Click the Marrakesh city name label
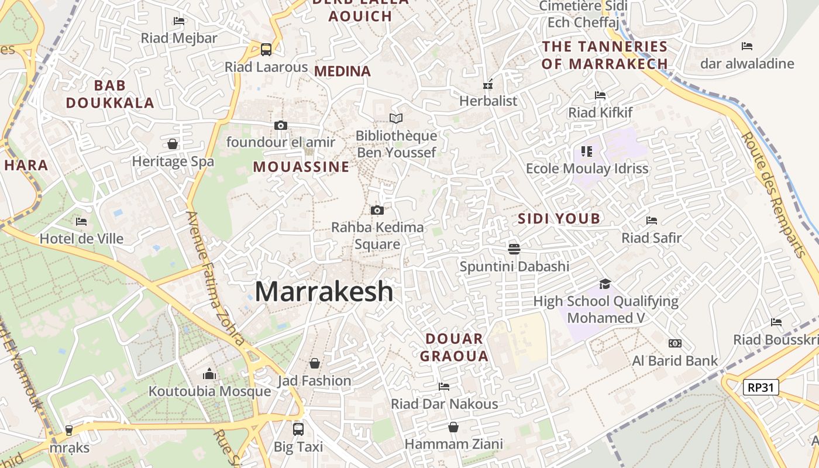coord(324,291)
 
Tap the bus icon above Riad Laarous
coord(266,49)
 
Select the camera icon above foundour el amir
coord(281,125)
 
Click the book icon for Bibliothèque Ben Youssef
coord(396,119)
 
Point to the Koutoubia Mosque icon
coord(209,374)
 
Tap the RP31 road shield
coord(761,387)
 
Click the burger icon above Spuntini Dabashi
coord(514,249)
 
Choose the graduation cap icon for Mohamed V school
coord(605,284)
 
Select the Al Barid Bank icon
coord(675,343)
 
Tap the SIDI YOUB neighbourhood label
coord(559,219)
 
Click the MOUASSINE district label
coord(301,167)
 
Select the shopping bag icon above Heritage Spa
coord(173,144)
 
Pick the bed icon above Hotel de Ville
coord(81,222)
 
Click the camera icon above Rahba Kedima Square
coord(377,210)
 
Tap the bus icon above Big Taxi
coord(298,429)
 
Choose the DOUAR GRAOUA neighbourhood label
coord(455,347)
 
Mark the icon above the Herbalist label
coord(488,84)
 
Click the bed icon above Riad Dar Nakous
coord(444,387)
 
